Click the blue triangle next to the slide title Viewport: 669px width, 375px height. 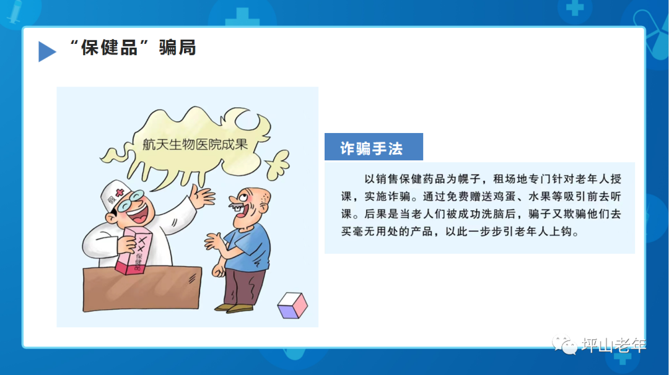tap(46, 51)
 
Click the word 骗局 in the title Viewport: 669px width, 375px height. tap(177, 48)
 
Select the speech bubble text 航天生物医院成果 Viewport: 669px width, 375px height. tap(194, 145)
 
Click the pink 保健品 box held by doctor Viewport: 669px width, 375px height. tap(134, 251)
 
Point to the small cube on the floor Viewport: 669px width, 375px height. tap(292, 305)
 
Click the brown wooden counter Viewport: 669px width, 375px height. tap(142, 289)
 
